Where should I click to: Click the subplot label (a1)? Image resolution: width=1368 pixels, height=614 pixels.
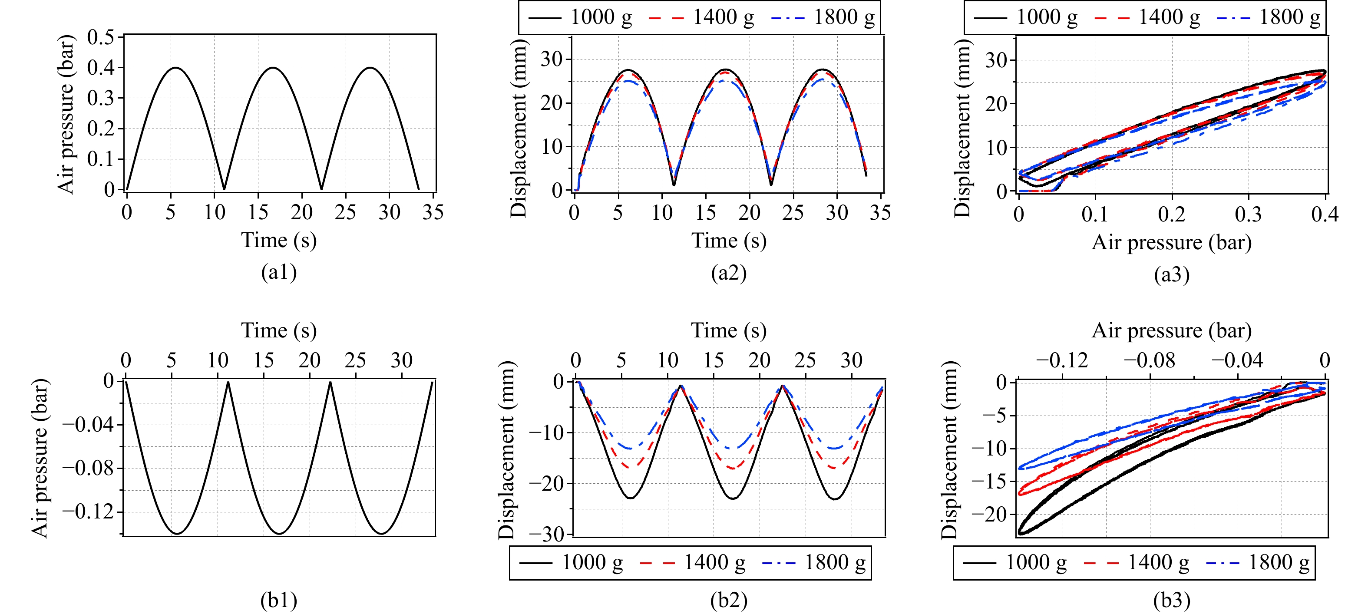[278, 272]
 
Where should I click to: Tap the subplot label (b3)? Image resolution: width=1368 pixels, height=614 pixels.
[1172, 600]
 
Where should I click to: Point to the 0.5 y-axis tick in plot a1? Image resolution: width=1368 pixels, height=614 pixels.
[100, 37]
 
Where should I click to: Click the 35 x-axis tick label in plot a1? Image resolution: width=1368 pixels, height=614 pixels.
[433, 212]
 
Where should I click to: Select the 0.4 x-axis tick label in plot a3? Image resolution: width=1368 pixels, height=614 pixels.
[1325, 215]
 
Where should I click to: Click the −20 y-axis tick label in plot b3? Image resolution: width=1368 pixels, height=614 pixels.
[989, 514]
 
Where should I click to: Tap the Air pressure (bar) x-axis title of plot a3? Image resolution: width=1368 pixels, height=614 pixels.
[1172, 243]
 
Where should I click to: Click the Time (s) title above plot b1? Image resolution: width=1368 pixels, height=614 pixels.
[279, 330]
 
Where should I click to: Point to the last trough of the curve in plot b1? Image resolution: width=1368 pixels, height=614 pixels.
[382, 533]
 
